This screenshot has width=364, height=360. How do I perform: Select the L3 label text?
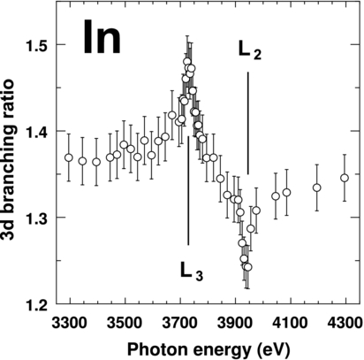point(192,271)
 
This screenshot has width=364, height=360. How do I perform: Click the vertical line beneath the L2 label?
point(248,124)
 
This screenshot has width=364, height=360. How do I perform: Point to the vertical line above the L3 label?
point(188,177)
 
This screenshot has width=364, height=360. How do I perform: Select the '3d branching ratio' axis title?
point(11,172)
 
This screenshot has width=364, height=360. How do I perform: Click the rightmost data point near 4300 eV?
point(345,178)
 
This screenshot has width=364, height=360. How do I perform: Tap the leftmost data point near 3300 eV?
point(68,157)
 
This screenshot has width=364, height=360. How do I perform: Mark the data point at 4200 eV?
point(317,188)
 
